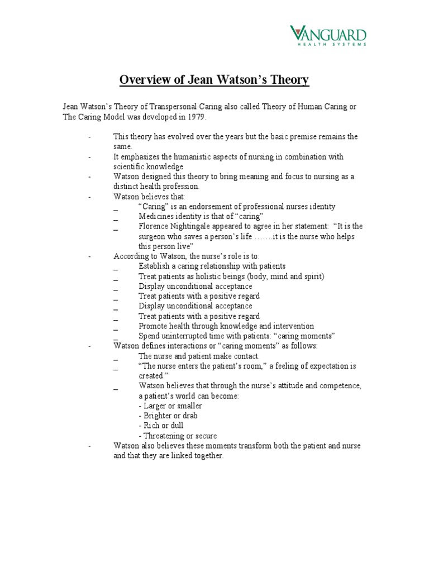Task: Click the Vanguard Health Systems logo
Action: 328,36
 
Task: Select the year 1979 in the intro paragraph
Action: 196,118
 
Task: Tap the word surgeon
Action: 154,236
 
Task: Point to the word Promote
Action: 154,326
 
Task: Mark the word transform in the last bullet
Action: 251,445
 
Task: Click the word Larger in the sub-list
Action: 155,406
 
